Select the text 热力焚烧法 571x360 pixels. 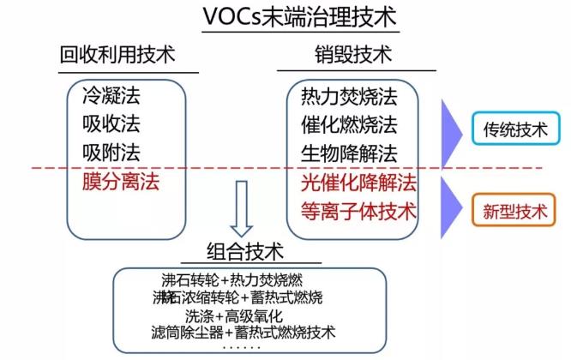(x=349, y=96)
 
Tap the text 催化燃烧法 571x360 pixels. (x=349, y=125)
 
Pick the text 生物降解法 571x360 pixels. (x=349, y=153)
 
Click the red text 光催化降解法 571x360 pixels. (x=358, y=182)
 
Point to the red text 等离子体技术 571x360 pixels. (x=358, y=210)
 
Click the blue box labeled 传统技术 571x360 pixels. (x=514, y=131)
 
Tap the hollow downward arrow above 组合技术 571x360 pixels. (x=241, y=207)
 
